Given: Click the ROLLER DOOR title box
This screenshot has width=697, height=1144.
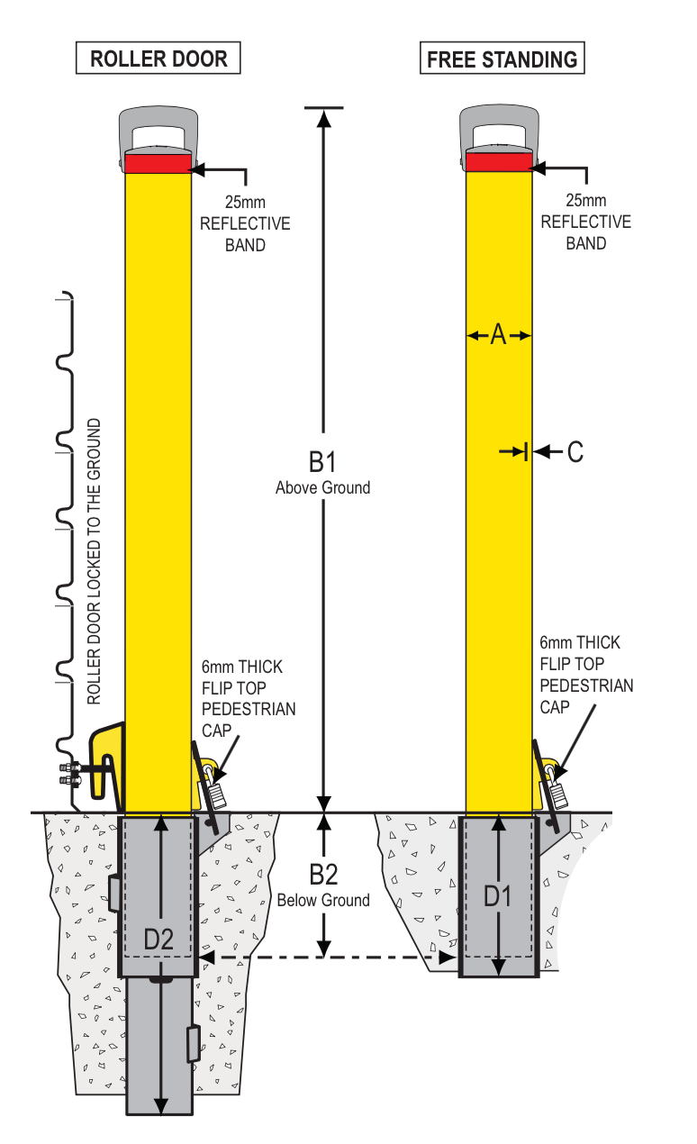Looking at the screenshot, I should [x=158, y=59].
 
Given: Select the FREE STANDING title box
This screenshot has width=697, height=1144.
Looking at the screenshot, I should [x=502, y=59].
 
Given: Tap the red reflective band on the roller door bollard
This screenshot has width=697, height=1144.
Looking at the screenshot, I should [x=158, y=162].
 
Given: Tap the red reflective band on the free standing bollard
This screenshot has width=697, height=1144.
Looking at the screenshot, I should [x=499, y=162].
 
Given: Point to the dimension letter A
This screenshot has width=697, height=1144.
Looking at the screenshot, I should [x=499, y=336].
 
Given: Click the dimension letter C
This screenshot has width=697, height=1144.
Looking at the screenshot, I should [x=575, y=452].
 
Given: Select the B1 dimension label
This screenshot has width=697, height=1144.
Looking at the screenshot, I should [x=322, y=463].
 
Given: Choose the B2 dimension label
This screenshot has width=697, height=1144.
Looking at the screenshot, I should [x=322, y=875].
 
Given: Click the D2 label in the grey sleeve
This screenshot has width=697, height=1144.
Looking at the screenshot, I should [x=158, y=939].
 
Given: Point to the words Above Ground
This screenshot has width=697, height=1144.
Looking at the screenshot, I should [x=322, y=487].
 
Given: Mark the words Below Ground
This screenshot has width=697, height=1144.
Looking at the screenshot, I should [x=322, y=900].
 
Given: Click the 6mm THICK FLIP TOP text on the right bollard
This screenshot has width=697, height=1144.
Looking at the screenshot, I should [x=581, y=654].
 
